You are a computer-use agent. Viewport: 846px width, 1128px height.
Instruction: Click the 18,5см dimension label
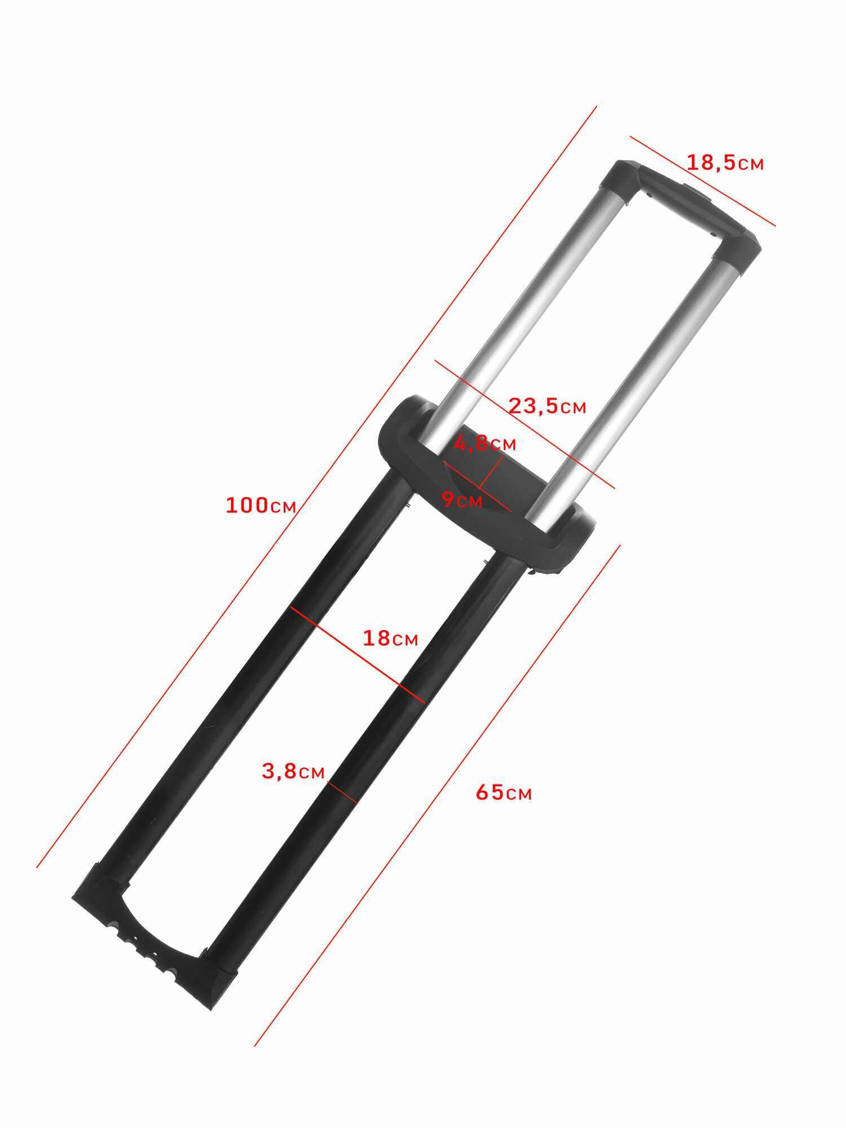click(725, 163)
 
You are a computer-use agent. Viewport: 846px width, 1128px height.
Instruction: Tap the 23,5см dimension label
click(547, 406)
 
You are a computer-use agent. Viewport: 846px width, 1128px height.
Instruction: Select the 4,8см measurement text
click(485, 443)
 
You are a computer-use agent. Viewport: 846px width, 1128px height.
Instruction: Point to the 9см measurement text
click(462, 500)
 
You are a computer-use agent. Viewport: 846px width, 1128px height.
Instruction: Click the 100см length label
click(261, 505)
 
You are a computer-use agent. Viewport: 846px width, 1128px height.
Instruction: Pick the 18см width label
click(390, 638)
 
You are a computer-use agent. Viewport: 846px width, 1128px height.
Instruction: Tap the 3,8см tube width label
click(293, 772)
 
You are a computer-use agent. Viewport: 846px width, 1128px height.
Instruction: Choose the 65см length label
click(504, 793)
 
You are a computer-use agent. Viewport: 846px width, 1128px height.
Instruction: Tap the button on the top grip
click(697, 192)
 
